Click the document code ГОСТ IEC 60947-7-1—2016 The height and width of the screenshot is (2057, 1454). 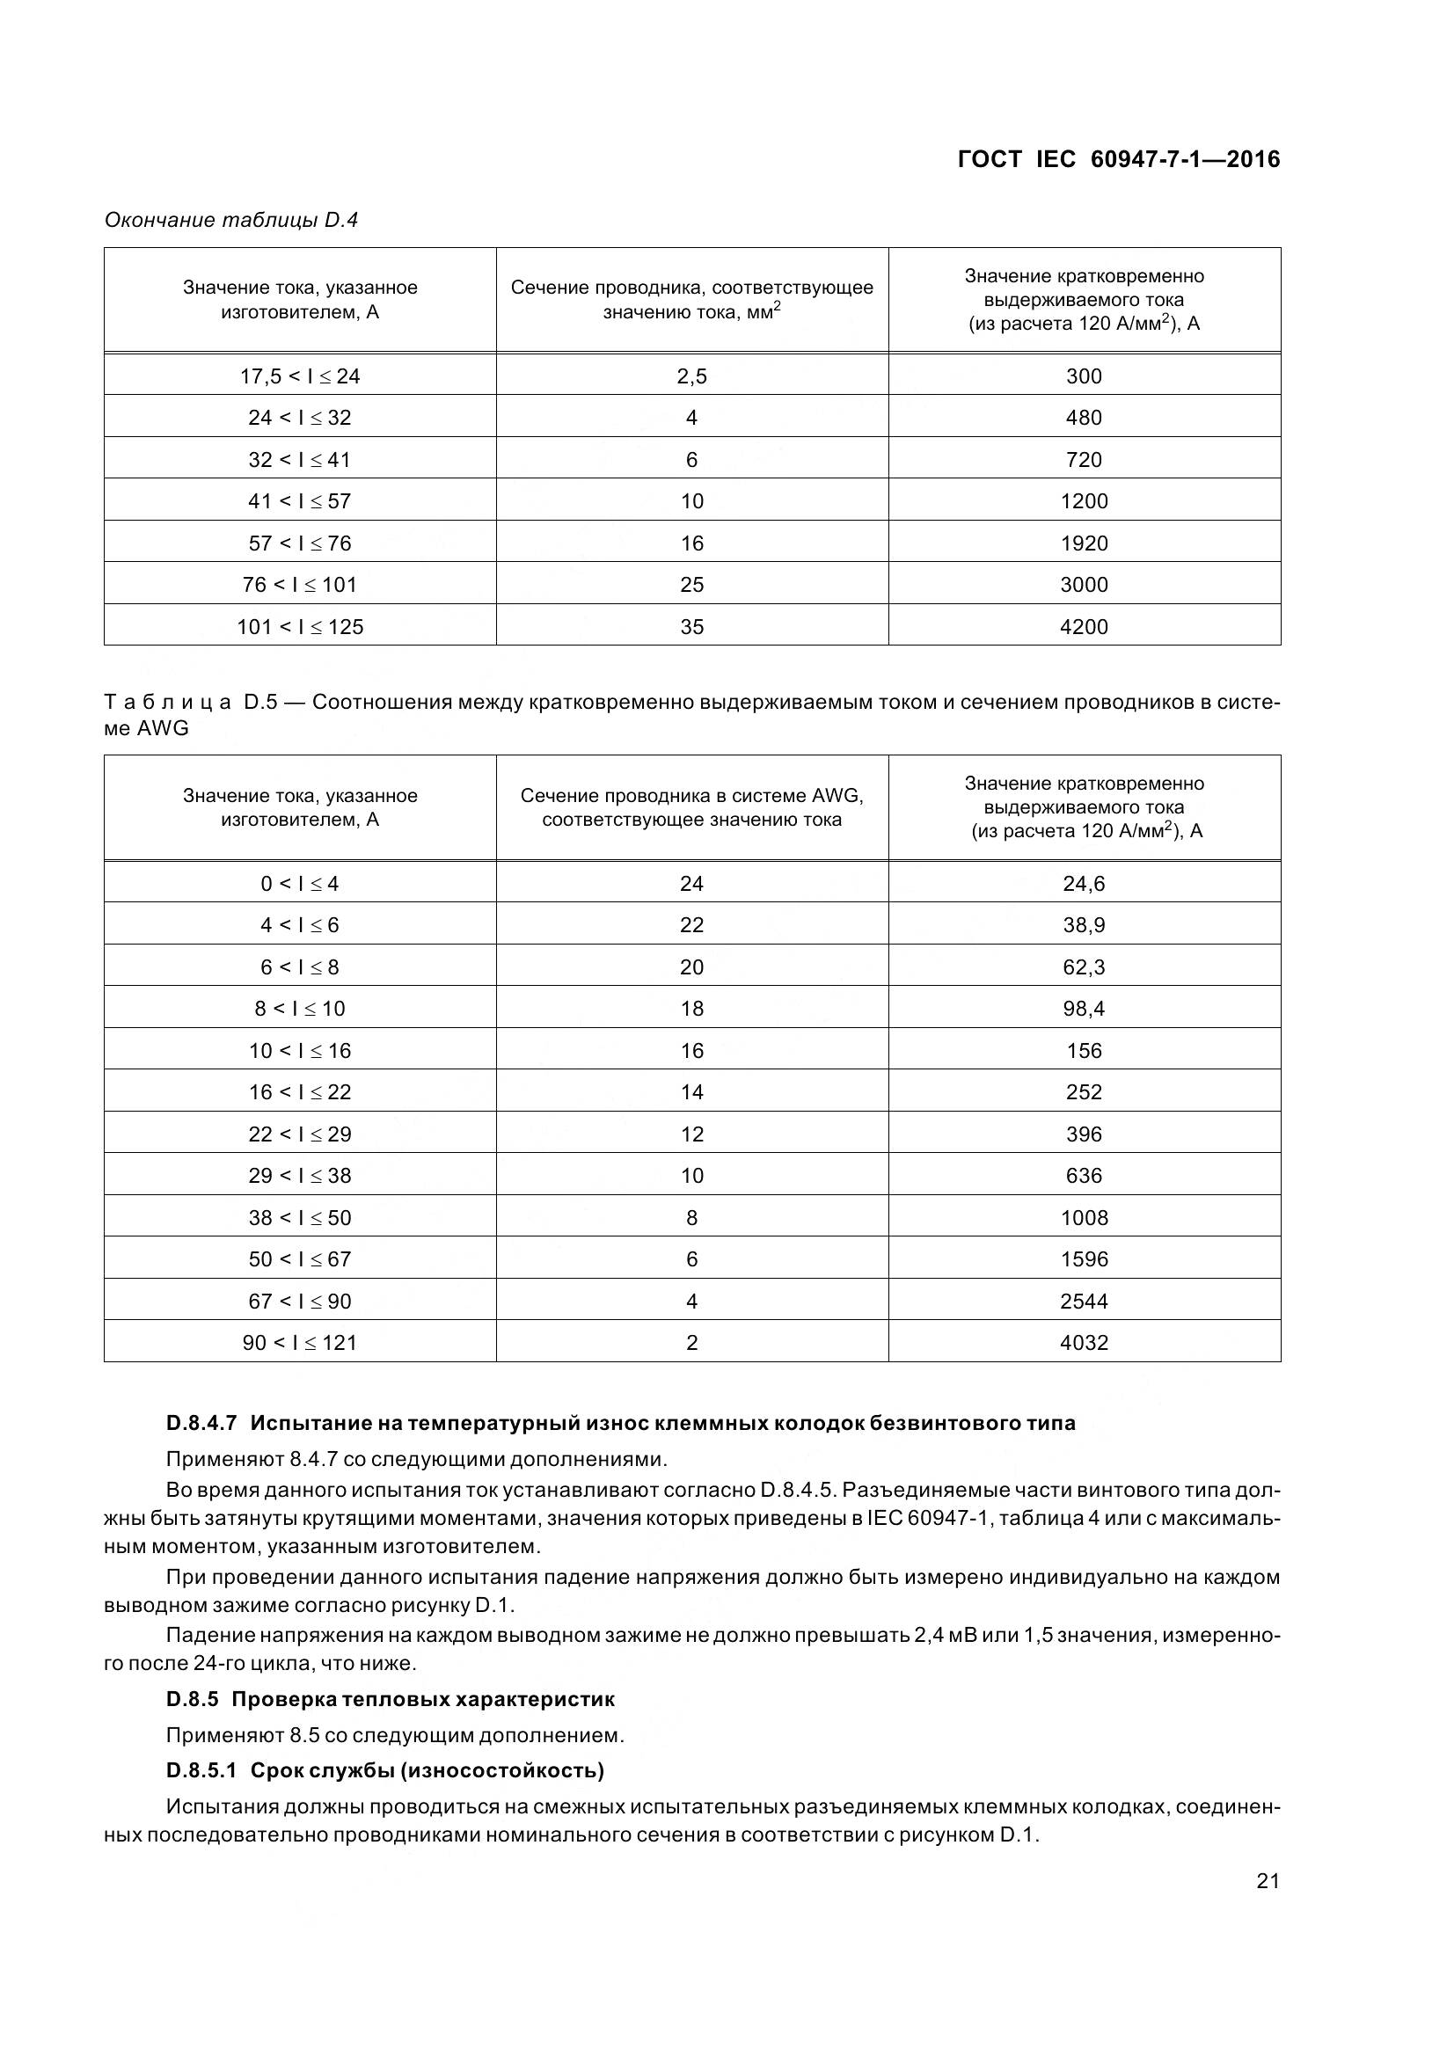1118,159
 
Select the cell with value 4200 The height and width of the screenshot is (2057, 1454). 1083,626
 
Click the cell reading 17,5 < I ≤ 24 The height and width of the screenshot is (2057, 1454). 299,376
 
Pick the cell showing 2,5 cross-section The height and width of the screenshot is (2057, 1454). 691,376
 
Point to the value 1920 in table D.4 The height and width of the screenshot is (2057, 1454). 1083,543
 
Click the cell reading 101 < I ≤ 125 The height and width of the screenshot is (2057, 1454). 299,626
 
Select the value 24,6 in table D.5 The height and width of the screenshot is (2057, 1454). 1083,883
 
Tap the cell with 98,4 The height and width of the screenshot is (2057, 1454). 1083,1009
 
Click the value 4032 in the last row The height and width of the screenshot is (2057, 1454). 1083,1342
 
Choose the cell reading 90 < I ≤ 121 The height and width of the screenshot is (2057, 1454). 299,1342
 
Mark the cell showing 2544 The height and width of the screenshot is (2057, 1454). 1083,1301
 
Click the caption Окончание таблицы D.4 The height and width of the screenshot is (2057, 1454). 231,220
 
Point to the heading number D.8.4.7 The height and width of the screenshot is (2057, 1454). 201,1423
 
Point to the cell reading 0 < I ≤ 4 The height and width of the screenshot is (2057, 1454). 299,883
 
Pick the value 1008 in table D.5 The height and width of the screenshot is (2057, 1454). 1083,1217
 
